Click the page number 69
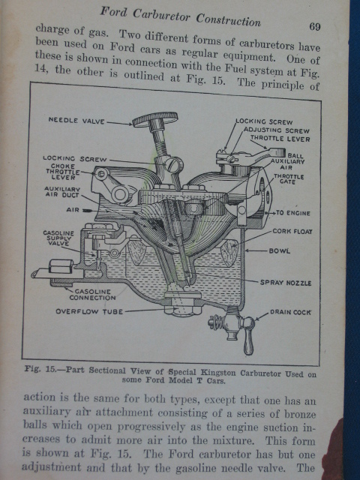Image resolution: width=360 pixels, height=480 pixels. [315, 27]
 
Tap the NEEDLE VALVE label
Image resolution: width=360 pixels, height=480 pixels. [76, 120]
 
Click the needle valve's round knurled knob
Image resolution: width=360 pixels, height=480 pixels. [155, 118]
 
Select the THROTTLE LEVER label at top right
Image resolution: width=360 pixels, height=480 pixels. [280, 139]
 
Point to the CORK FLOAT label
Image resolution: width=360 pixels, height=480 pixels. [292, 232]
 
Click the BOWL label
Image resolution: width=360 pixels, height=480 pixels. [279, 251]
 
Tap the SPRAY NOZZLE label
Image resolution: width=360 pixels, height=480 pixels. [286, 283]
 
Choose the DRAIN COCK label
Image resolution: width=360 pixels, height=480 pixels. [290, 312]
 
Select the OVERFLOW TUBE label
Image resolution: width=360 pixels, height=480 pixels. [89, 312]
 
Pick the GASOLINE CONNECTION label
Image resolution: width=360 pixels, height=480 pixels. [92, 295]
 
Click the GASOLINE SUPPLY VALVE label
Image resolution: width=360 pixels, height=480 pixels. [58, 238]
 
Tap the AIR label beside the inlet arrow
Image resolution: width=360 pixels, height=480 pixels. [73, 210]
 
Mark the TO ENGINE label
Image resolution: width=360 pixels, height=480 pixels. [293, 213]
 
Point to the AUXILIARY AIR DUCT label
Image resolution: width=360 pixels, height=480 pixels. [62, 192]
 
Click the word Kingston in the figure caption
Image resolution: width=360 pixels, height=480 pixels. [218, 373]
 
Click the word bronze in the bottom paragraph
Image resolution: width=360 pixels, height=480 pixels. [300, 415]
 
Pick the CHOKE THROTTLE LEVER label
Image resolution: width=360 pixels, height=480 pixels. [63, 172]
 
